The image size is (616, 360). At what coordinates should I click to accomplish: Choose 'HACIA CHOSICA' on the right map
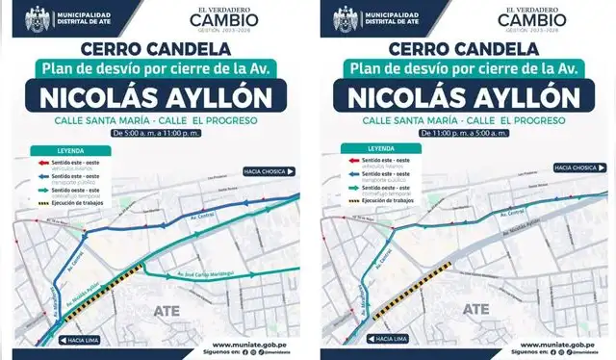coord(574,168)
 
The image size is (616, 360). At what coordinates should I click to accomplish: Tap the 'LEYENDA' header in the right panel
coord(381,148)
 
